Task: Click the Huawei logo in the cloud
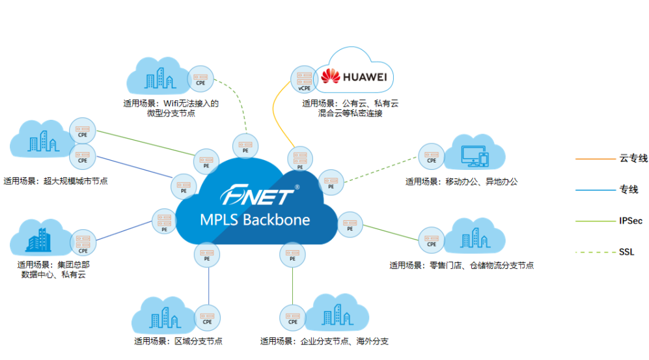pos(354,78)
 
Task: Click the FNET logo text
pos(258,194)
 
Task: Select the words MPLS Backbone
pos(258,219)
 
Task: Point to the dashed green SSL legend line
pos(592,252)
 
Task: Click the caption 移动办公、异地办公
pos(462,182)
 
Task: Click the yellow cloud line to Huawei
pos(278,111)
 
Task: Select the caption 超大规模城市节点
pos(55,182)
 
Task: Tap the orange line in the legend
pos(592,158)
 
